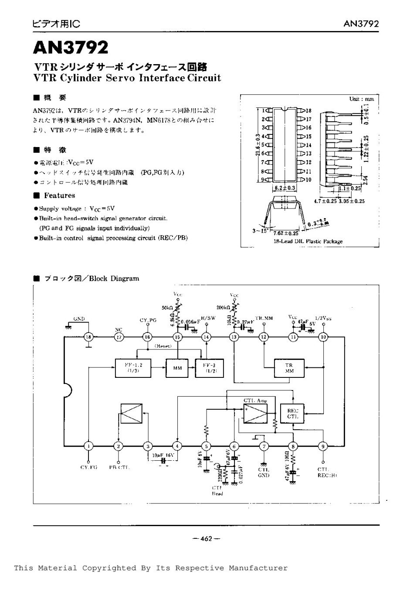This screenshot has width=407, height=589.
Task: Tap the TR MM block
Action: pos(289,368)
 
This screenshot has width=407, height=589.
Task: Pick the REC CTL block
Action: pos(293,414)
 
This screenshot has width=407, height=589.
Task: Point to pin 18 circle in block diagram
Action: pos(89,337)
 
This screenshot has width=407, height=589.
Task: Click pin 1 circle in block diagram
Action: pos(89,446)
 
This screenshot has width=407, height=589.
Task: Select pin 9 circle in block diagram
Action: pos(323,446)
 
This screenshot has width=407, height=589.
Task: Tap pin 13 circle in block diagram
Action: pos(234,337)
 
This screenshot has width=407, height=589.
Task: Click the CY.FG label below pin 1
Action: pos(89,467)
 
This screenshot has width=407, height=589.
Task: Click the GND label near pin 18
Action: pos(79,319)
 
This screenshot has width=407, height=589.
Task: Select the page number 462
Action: pos(206,539)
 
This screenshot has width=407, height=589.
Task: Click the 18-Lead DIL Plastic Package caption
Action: pos(308,241)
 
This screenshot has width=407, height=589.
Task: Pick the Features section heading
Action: pos(59,195)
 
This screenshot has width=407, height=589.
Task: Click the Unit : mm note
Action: pos(362,99)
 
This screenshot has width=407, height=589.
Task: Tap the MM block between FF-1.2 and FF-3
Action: pos(177,368)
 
